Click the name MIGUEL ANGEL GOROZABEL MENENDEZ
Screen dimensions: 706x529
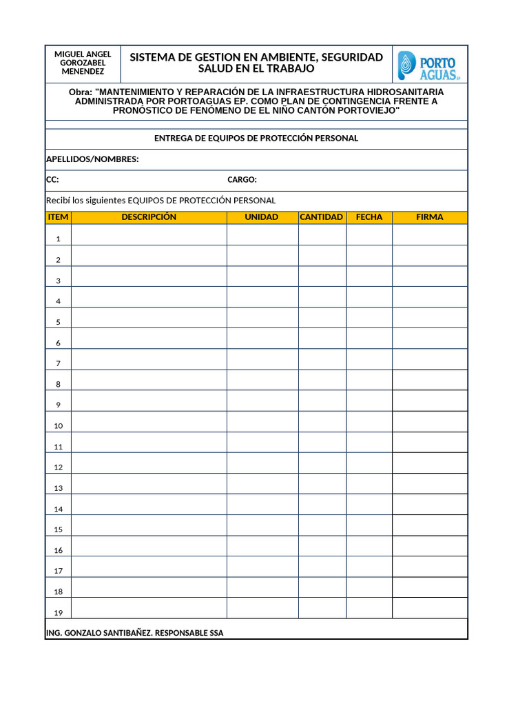(x=83, y=63)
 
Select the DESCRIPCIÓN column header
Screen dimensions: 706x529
(x=149, y=217)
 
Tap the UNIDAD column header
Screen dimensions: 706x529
(x=262, y=217)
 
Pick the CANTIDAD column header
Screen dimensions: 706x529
(x=322, y=217)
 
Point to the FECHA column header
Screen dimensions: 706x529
(x=369, y=217)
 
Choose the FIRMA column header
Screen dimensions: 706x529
(x=430, y=217)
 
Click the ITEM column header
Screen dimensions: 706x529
(x=59, y=217)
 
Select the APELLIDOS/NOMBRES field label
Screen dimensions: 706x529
(x=92, y=160)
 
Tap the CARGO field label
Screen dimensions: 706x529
(x=242, y=181)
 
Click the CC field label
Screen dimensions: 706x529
(x=52, y=181)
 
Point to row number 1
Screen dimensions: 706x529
(x=59, y=239)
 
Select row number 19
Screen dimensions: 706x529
(x=59, y=613)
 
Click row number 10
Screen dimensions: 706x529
(x=59, y=426)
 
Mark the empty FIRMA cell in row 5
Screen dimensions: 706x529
(x=430, y=318)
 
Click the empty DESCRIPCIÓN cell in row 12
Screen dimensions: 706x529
(x=149, y=463)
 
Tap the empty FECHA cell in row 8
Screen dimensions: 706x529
(x=369, y=380)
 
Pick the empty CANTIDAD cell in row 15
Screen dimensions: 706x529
(x=322, y=525)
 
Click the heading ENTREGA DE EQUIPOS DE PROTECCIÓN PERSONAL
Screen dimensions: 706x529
(x=256, y=139)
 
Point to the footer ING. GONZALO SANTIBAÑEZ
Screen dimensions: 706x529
(x=134, y=633)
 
